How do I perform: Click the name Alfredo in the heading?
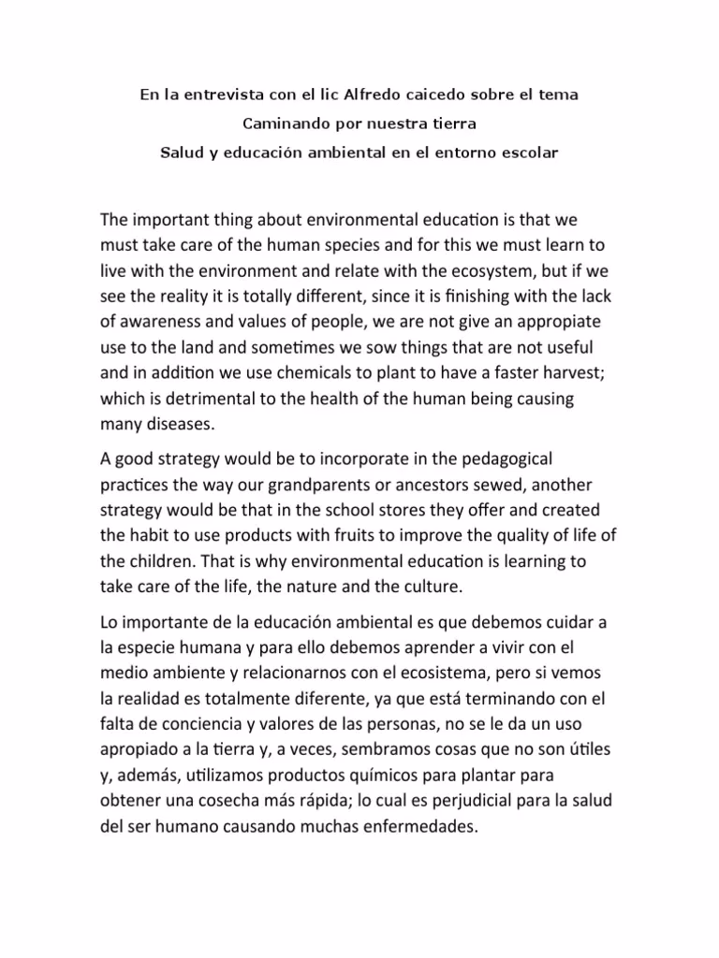tap(381, 95)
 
